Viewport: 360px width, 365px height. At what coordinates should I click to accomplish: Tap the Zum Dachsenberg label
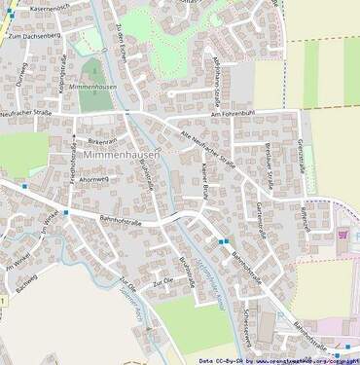(x=33, y=36)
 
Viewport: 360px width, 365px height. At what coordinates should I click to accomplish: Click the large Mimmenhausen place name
(x=121, y=155)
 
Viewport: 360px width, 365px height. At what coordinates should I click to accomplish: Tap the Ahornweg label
(x=96, y=179)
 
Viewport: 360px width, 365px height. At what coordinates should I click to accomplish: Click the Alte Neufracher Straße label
(x=208, y=146)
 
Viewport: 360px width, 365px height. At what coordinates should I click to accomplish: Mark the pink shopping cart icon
(x=342, y=234)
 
